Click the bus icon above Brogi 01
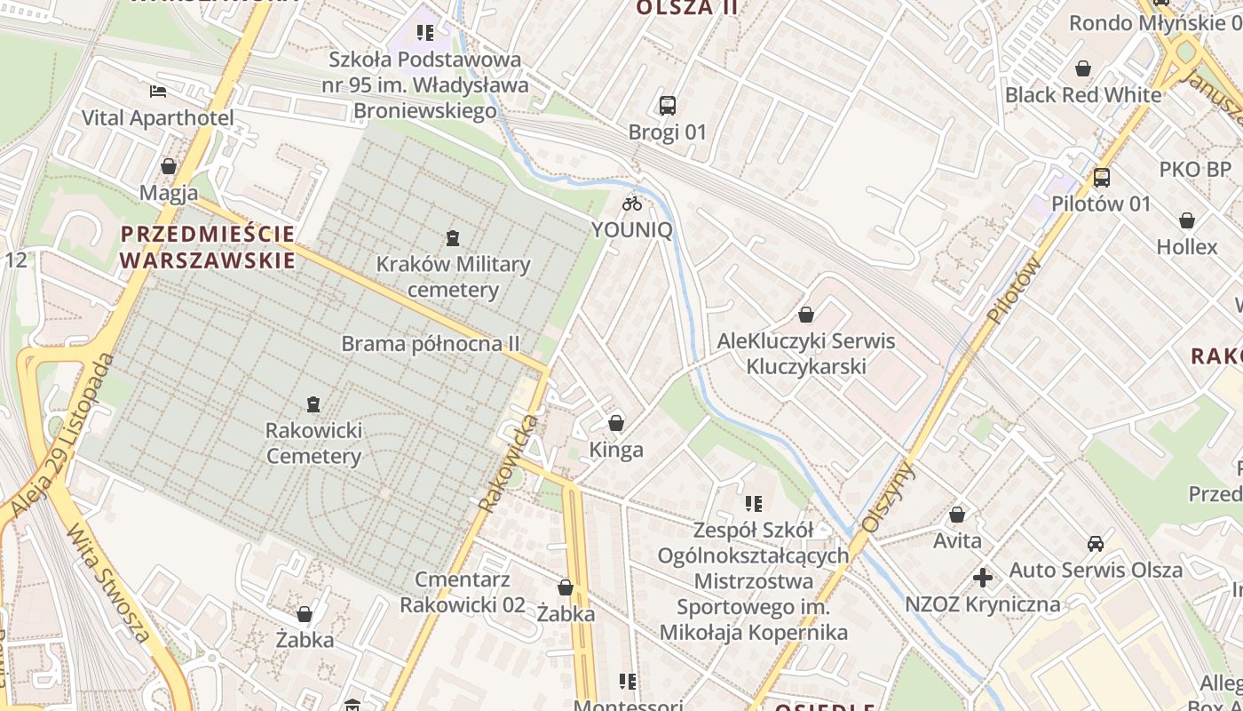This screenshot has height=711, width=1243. click(668, 106)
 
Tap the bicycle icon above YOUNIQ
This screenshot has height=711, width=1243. click(632, 204)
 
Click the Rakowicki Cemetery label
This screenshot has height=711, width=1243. click(313, 443)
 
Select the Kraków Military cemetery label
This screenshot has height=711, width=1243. click(453, 276)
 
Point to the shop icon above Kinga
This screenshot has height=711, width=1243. click(616, 423)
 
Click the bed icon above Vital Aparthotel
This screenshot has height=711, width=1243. click(158, 92)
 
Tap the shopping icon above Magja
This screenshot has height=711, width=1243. click(169, 166)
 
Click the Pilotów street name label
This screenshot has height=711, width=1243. click(1013, 291)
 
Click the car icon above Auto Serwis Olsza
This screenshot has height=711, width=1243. click(1096, 544)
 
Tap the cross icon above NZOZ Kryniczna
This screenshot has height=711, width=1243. click(982, 579)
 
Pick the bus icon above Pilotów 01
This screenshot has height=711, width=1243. click(1101, 178)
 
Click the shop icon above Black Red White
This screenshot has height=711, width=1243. click(1083, 68)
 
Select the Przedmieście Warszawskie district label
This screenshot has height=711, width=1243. click(208, 247)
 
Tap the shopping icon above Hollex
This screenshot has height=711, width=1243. click(1187, 220)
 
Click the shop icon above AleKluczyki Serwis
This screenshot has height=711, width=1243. click(806, 315)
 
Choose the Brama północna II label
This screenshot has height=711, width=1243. click(431, 343)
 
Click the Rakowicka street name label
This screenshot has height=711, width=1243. click(509, 462)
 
